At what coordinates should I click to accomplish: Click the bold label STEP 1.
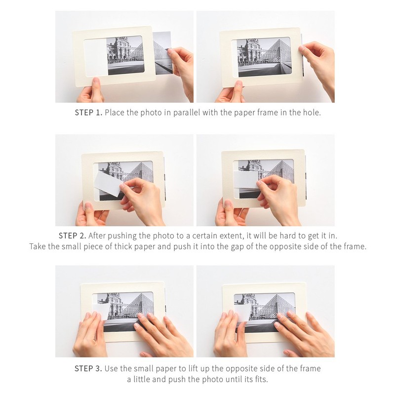point(88,113)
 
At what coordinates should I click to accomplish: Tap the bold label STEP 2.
point(72,236)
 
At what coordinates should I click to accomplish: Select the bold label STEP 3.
point(88,369)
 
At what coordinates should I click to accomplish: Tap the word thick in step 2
point(123,246)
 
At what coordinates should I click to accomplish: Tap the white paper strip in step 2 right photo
point(246,179)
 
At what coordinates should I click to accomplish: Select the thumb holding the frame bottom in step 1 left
point(97,85)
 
